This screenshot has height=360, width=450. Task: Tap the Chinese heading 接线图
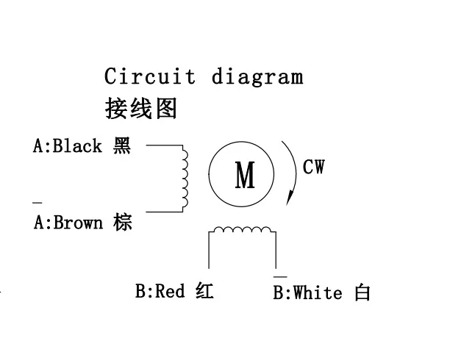coord(140,109)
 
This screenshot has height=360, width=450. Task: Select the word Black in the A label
coord(77,146)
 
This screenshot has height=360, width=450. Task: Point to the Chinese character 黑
coord(122,146)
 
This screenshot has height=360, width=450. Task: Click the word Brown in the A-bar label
coord(78,223)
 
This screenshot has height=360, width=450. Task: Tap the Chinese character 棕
coord(123,223)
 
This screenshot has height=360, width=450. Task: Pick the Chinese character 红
coord(205,292)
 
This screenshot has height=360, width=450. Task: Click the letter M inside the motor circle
coord(244,176)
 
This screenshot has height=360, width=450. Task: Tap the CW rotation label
coord(313,168)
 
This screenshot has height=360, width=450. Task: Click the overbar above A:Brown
coord(37,202)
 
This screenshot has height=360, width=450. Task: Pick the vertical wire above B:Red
coord(210,253)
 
